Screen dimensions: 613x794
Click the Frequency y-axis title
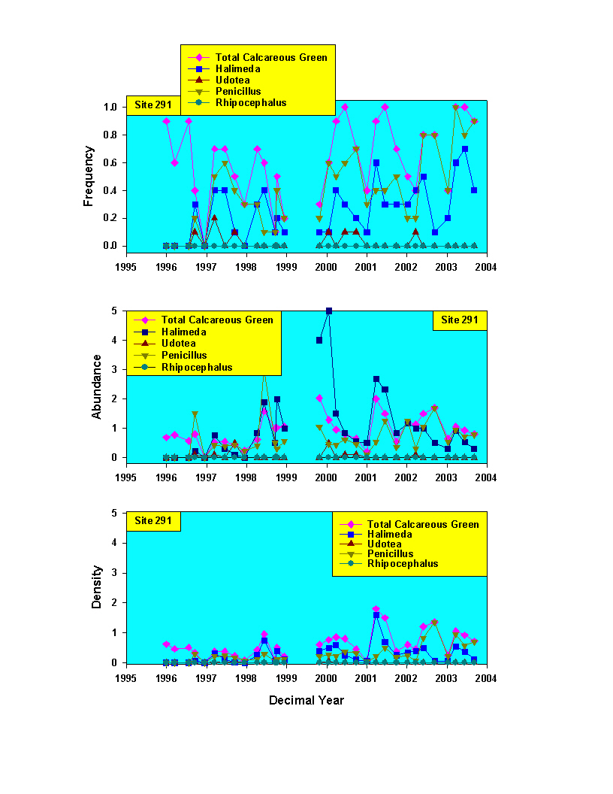click(89, 176)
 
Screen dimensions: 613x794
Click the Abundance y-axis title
click(96, 387)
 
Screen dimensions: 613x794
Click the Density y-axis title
click(96, 587)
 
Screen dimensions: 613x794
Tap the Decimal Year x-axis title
click(306, 700)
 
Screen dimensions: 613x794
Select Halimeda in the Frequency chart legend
click(237, 69)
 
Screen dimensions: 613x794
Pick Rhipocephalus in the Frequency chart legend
click(251, 103)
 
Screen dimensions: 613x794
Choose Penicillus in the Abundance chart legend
click(184, 356)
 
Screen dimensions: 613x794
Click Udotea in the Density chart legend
click(385, 544)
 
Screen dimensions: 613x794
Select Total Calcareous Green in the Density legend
click(423, 525)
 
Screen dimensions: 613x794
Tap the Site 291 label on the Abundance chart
click(459, 320)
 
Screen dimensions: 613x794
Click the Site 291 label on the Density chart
click(153, 521)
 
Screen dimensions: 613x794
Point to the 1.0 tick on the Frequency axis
click(110, 108)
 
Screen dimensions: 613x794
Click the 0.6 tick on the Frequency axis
click(110, 162)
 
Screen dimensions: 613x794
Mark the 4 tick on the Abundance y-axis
click(114, 341)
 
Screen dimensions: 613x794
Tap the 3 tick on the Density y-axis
click(114, 573)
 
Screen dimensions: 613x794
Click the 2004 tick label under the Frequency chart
click(486, 268)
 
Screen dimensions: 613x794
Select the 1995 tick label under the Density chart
click(126, 678)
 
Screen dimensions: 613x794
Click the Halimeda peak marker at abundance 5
click(329, 311)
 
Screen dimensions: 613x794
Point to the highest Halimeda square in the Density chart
click(376, 615)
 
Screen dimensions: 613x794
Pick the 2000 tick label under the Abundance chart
click(326, 478)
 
